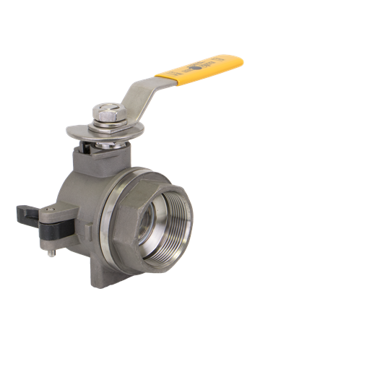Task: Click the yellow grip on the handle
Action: pyautogui.click(x=199, y=68)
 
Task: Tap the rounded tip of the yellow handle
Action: pyautogui.click(x=238, y=59)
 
